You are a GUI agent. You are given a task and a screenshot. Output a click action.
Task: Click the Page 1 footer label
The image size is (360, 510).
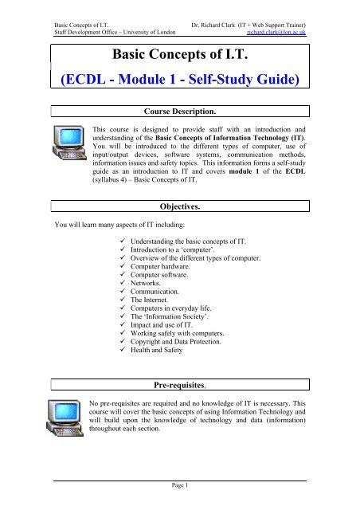tap(179, 495)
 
